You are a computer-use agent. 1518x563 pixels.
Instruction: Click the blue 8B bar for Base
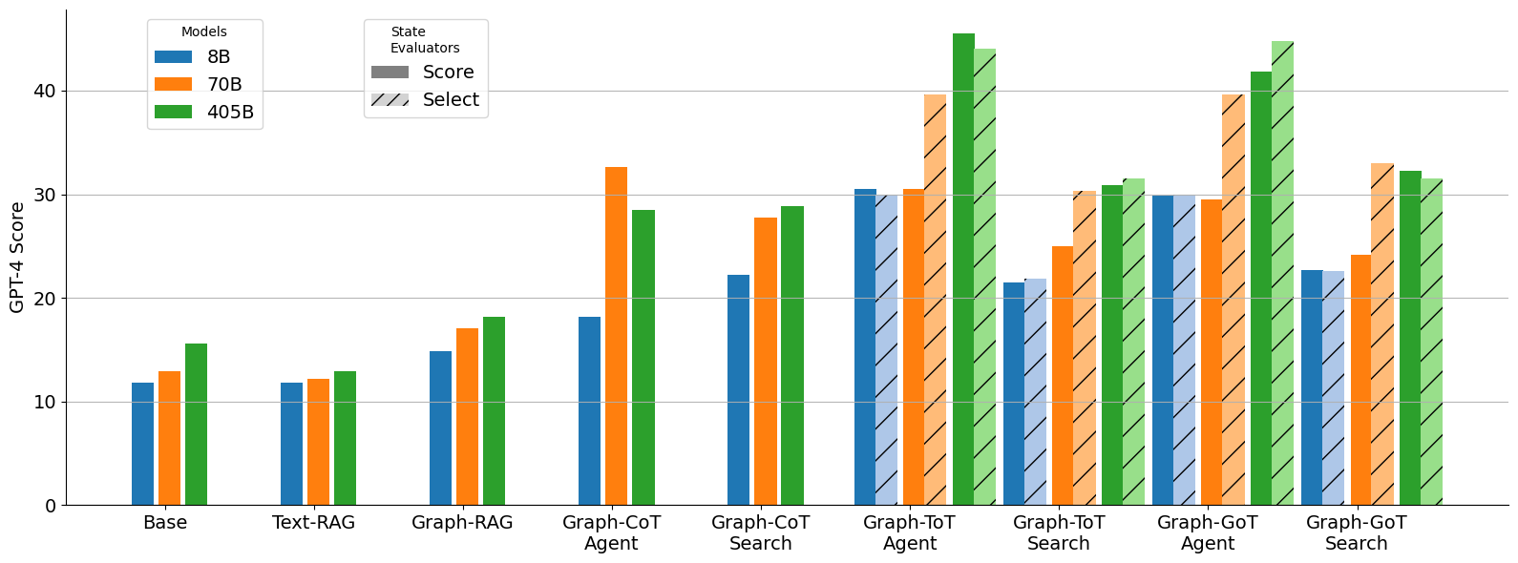pyautogui.click(x=142, y=444)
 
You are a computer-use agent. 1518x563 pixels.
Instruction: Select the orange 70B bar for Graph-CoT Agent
pyautogui.click(x=616, y=336)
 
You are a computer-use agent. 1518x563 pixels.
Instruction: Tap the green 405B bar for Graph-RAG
pyautogui.click(x=494, y=410)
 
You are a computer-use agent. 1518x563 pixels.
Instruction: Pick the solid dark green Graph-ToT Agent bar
pyautogui.click(x=963, y=269)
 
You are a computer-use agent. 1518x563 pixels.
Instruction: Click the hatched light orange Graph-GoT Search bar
pyautogui.click(x=1381, y=334)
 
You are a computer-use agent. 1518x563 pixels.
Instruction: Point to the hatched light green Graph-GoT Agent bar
pyautogui.click(x=1282, y=273)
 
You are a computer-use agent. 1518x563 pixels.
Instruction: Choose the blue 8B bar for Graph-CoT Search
pyautogui.click(x=738, y=389)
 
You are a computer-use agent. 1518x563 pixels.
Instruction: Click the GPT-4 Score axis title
pyautogui.click(x=17, y=257)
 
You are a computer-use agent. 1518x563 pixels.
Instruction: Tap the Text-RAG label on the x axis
pyautogui.click(x=313, y=523)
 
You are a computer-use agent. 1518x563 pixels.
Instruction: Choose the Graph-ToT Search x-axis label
pyautogui.click(x=1058, y=532)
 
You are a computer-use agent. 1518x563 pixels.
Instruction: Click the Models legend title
pyautogui.click(x=204, y=32)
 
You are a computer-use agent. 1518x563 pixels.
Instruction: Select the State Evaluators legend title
pyautogui.click(x=424, y=39)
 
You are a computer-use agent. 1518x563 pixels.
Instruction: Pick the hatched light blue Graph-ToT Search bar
pyautogui.click(x=1035, y=391)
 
